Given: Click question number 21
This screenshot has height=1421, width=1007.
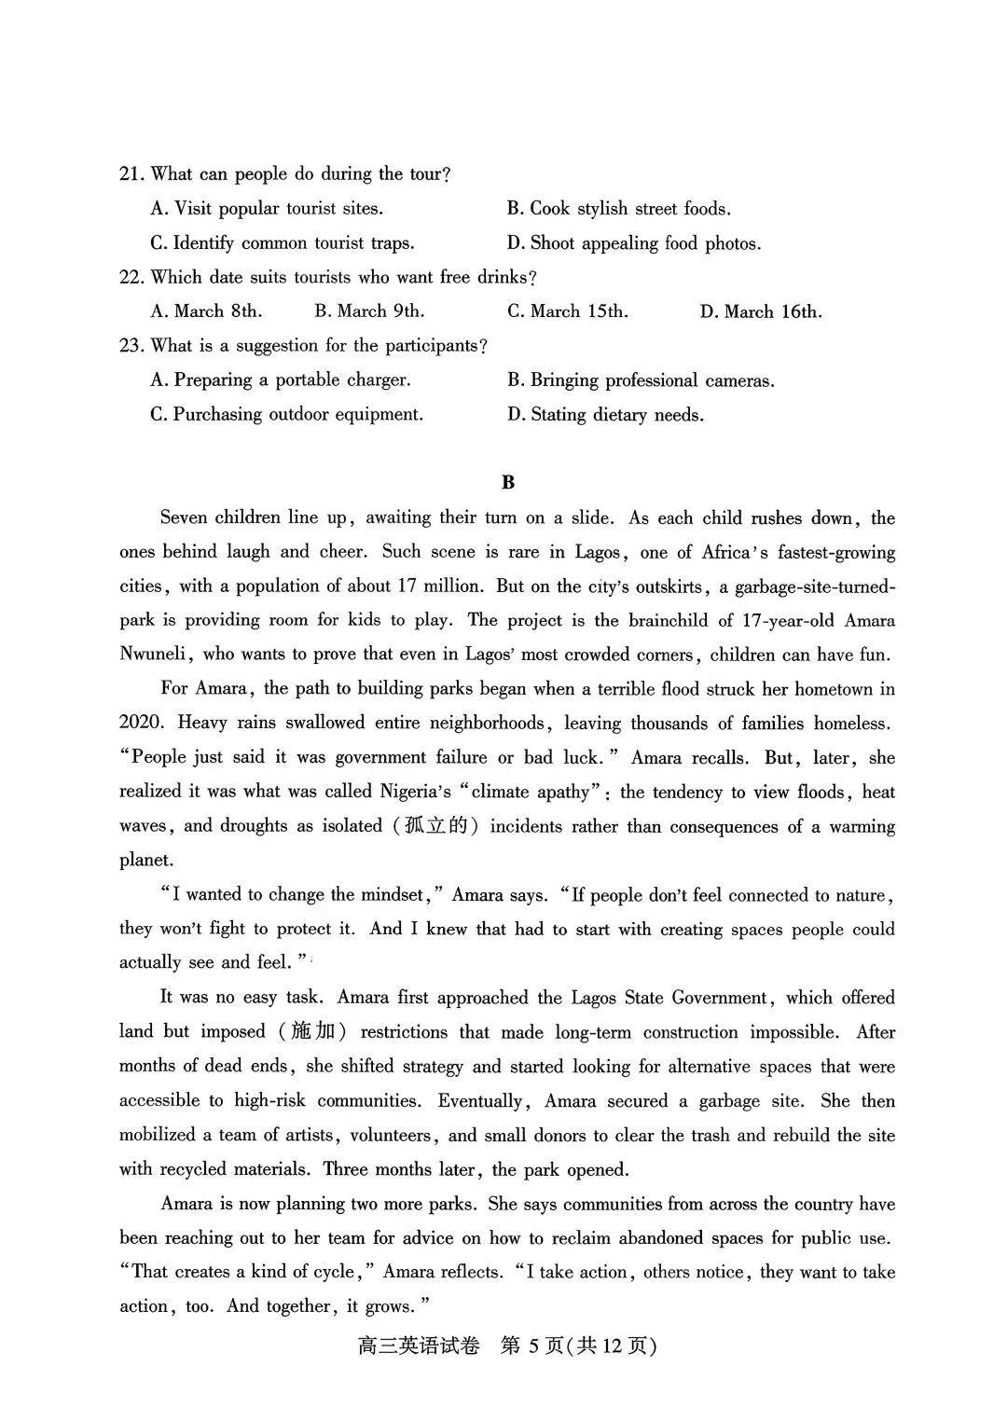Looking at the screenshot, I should pyautogui.click(x=131, y=174).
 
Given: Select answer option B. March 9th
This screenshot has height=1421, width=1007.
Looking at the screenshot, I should pyautogui.click(x=369, y=311).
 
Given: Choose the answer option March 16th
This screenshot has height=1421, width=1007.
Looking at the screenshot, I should pyautogui.click(x=761, y=311).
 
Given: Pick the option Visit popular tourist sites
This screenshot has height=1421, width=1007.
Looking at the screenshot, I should pyautogui.click(x=267, y=209).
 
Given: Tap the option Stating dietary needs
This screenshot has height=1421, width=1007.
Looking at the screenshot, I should pyautogui.click(x=605, y=415).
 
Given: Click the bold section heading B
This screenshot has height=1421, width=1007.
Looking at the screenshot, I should pyautogui.click(x=507, y=482).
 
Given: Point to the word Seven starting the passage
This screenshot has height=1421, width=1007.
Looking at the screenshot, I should pyautogui.click(x=184, y=517).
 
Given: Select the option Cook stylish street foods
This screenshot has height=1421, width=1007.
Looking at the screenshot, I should pyautogui.click(x=619, y=209).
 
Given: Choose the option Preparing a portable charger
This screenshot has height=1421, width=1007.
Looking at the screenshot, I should pyautogui.click(x=281, y=380).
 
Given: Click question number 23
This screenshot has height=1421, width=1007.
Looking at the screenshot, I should pyautogui.click(x=131, y=346).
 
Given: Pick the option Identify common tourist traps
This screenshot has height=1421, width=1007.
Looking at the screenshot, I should pyautogui.click(x=283, y=243).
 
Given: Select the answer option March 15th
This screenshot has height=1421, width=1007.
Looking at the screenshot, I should pyautogui.click(x=567, y=311).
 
